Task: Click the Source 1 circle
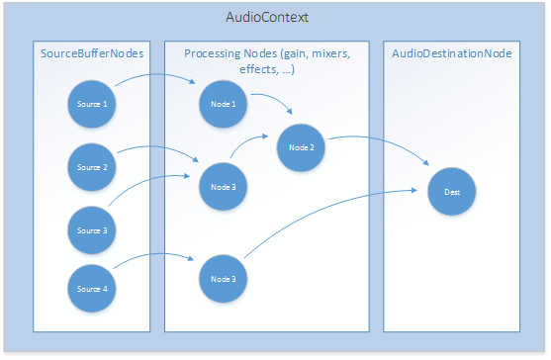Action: (x=91, y=104)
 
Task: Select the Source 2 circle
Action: (x=91, y=168)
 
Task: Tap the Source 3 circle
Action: (x=91, y=229)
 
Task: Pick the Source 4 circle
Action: (x=91, y=288)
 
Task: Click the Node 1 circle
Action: (x=225, y=102)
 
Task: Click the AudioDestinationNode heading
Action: (x=451, y=52)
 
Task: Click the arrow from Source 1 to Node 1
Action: (x=158, y=77)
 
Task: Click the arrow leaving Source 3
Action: (x=148, y=183)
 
